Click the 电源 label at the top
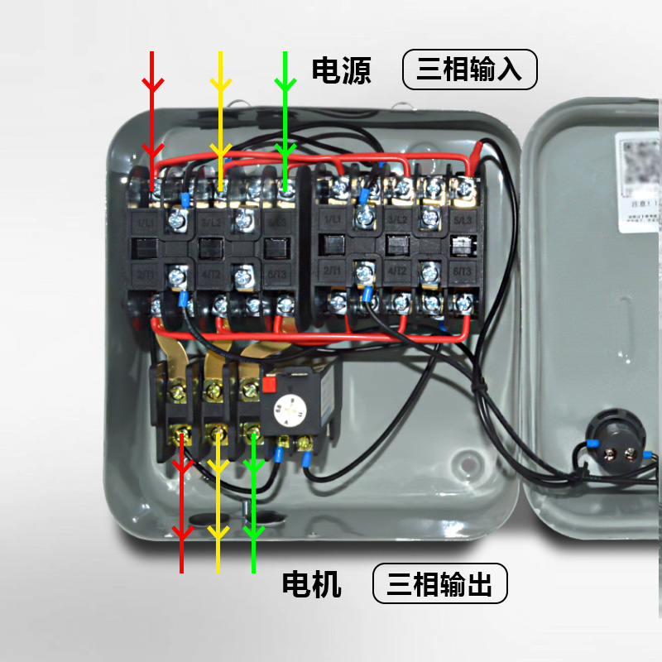click(x=341, y=70)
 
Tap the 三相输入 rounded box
click(x=469, y=70)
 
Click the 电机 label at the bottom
click(x=312, y=585)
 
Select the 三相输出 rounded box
click(x=439, y=585)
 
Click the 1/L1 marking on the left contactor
click(x=146, y=223)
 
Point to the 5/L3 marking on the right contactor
click(x=462, y=220)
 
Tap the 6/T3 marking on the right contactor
click(x=462, y=271)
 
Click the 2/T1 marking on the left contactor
click(x=146, y=273)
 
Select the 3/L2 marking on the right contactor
click(x=397, y=220)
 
